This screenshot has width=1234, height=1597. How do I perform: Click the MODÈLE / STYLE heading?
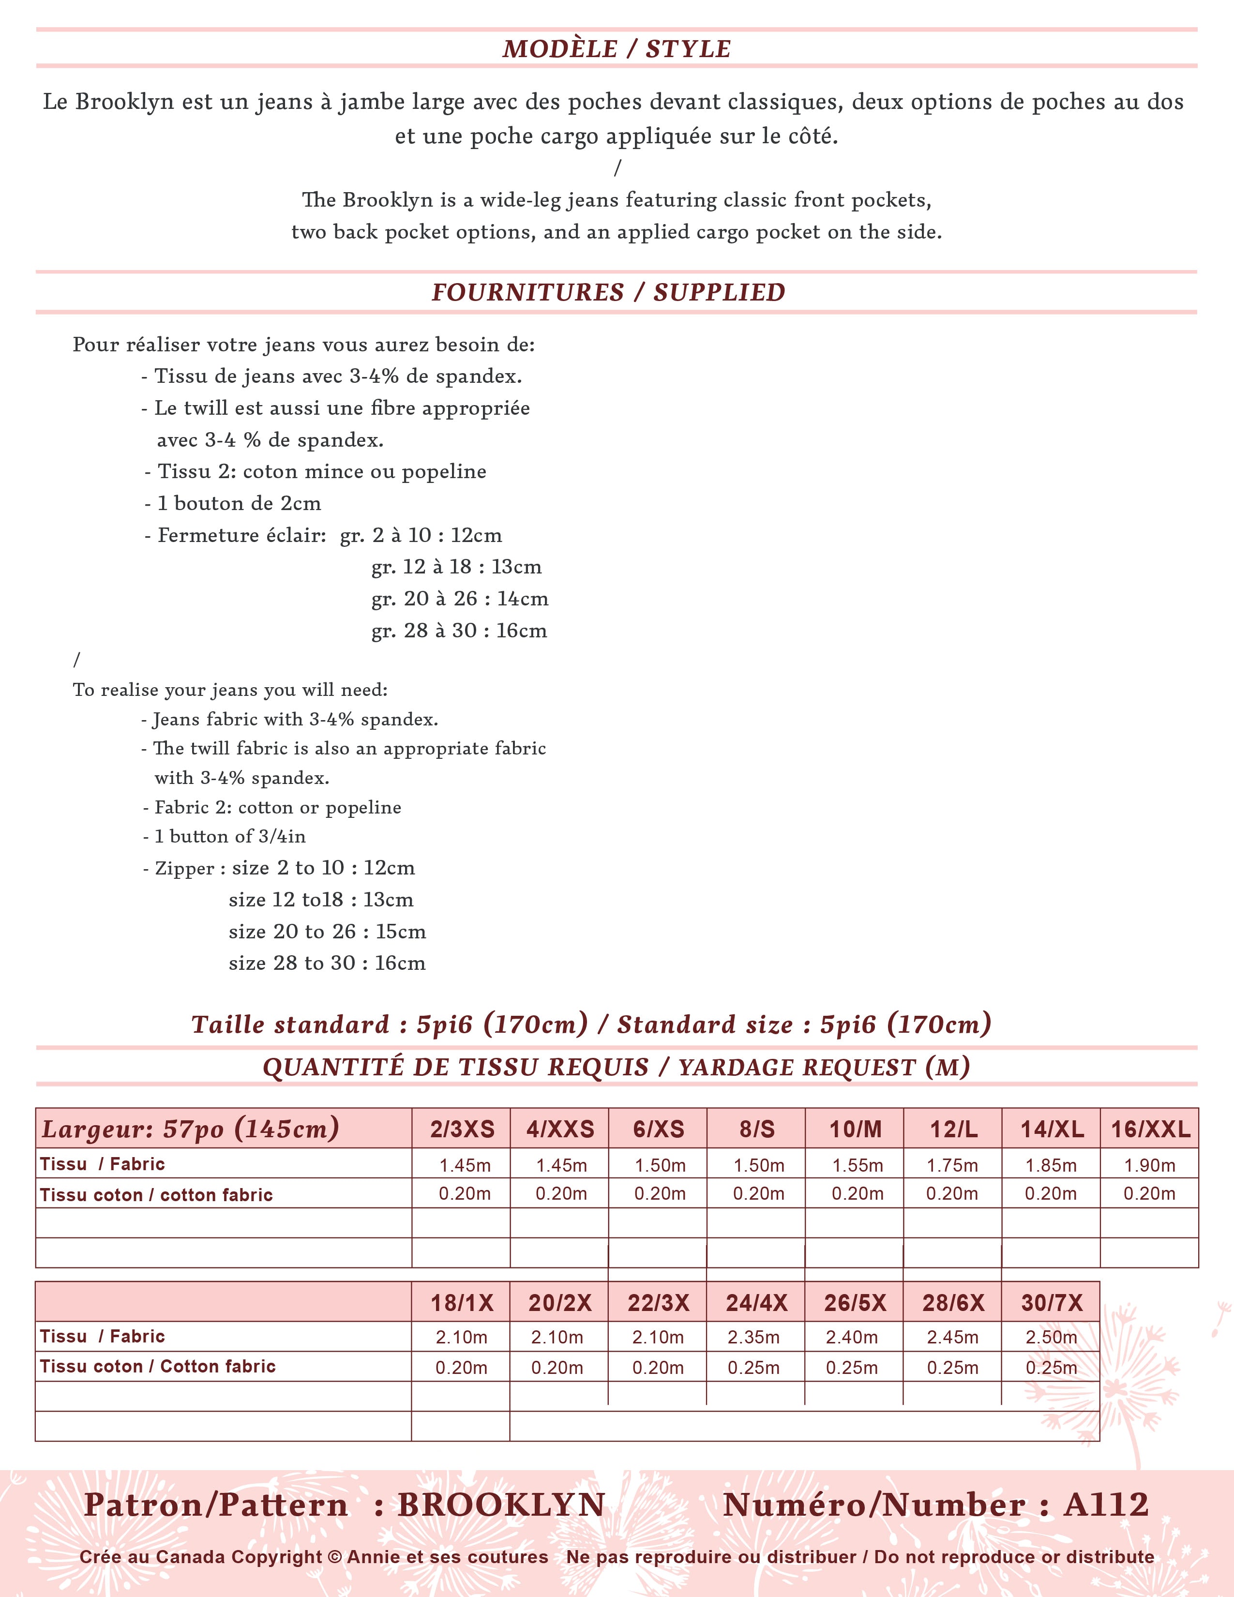(616, 49)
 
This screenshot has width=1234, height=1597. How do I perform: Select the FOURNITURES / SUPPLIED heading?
(608, 292)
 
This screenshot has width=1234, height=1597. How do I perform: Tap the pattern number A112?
(1106, 1505)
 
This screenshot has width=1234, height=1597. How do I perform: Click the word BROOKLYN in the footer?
(501, 1505)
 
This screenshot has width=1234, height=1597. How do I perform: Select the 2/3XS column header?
(462, 1129)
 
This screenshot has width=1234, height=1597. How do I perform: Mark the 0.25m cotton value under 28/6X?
(952, 1368)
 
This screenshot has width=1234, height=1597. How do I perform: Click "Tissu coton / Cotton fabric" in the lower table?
(158, 1366)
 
